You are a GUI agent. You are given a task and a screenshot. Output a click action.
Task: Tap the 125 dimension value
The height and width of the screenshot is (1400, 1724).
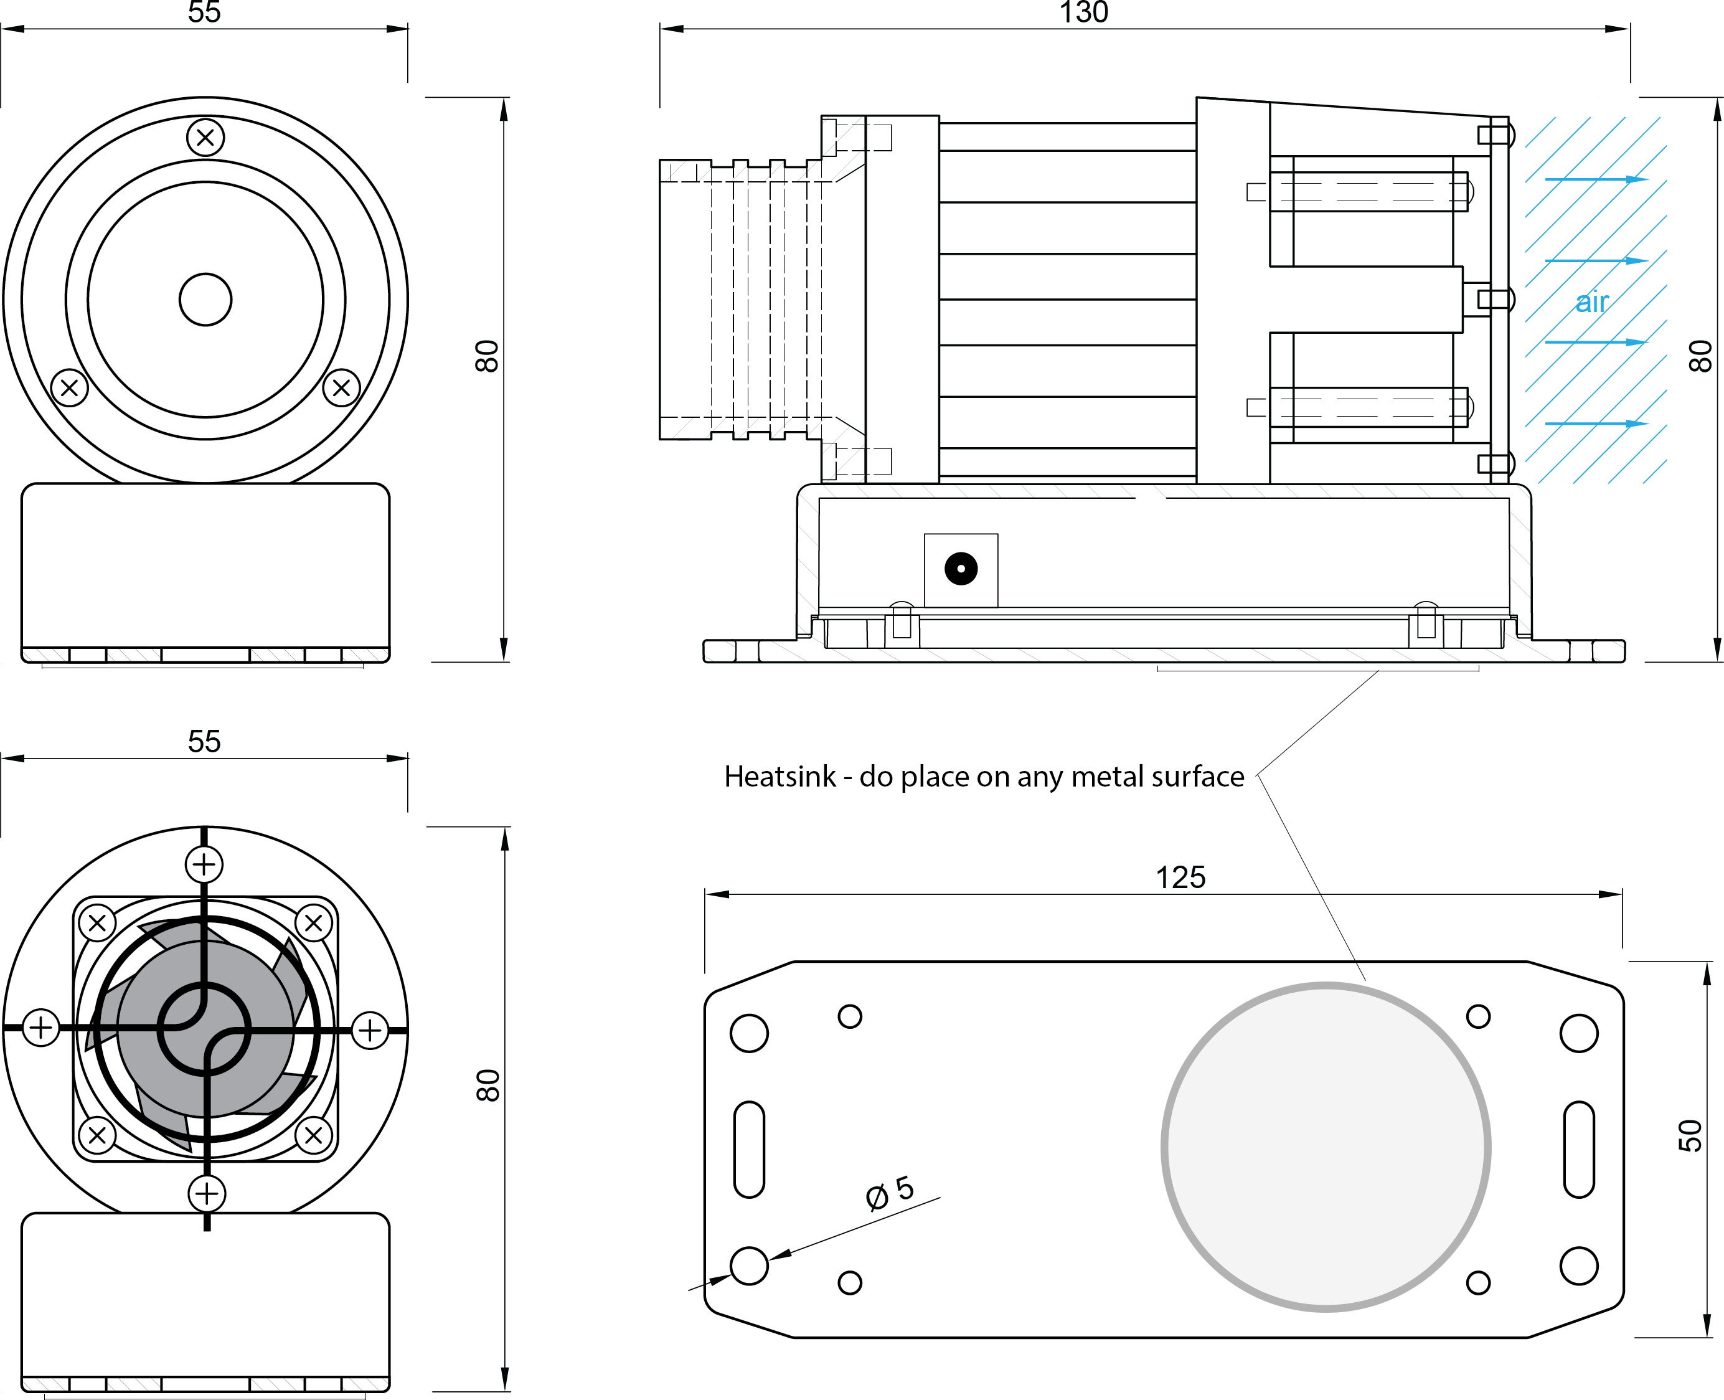click(x=1180, y=877)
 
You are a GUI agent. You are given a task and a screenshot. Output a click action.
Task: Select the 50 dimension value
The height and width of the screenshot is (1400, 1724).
click(x=1689, y=1135)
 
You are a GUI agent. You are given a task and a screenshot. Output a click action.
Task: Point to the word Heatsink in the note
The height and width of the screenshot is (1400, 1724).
click(x=780, y=777)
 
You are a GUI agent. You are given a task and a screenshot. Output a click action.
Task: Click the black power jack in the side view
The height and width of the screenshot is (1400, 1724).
click(x=961, y=569)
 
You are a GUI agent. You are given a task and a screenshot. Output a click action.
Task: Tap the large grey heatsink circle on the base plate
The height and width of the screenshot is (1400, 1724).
click(x=1325, y=1147)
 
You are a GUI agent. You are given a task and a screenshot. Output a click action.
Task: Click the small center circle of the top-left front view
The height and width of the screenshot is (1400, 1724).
click(x=205, y=299)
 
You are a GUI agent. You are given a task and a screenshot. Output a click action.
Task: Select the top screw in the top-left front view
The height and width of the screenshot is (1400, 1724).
click(x=205, y=137)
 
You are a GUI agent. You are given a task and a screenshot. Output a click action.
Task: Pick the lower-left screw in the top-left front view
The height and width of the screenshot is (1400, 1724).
click(x=69, y=388)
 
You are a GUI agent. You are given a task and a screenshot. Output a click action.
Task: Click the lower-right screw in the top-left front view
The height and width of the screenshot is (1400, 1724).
click(x=341, y=388)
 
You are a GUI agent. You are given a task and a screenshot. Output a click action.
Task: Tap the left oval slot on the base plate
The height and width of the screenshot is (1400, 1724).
click(x=749, y=1149)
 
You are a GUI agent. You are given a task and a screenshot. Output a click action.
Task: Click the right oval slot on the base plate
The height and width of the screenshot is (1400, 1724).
click(x=1578, y=1149)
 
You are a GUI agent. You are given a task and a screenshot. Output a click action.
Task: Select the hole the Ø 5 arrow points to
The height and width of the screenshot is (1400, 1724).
click(x=749, y=1265)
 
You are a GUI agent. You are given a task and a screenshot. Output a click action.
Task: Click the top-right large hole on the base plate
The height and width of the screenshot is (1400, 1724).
click(x=1578, y=1033)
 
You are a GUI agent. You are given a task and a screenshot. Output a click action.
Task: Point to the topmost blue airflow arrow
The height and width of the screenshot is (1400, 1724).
click(x=1596, y=179)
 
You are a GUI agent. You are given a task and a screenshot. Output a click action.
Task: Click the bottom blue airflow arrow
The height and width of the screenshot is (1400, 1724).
click(x=1596, y=423)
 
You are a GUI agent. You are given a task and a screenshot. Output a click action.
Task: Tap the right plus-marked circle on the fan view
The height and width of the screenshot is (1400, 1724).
click(x=370, y=1030)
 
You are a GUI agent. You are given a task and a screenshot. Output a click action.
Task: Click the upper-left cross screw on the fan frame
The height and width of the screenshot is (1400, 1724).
click(x=98, y=922)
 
